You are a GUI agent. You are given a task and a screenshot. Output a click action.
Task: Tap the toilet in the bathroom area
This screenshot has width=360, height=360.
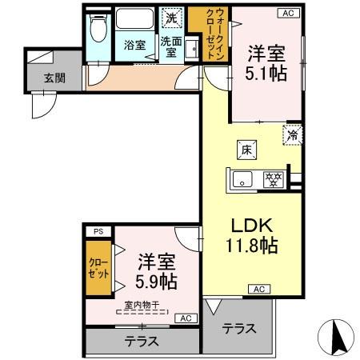tap(98, 30)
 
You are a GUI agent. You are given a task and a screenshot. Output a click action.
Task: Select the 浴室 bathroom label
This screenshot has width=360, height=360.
tap(134, 45)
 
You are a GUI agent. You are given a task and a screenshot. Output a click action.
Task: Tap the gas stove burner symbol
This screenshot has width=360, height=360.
tap(275, 178)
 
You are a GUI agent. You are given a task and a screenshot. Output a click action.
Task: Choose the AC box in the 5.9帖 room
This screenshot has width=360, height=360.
tap(186, 318)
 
